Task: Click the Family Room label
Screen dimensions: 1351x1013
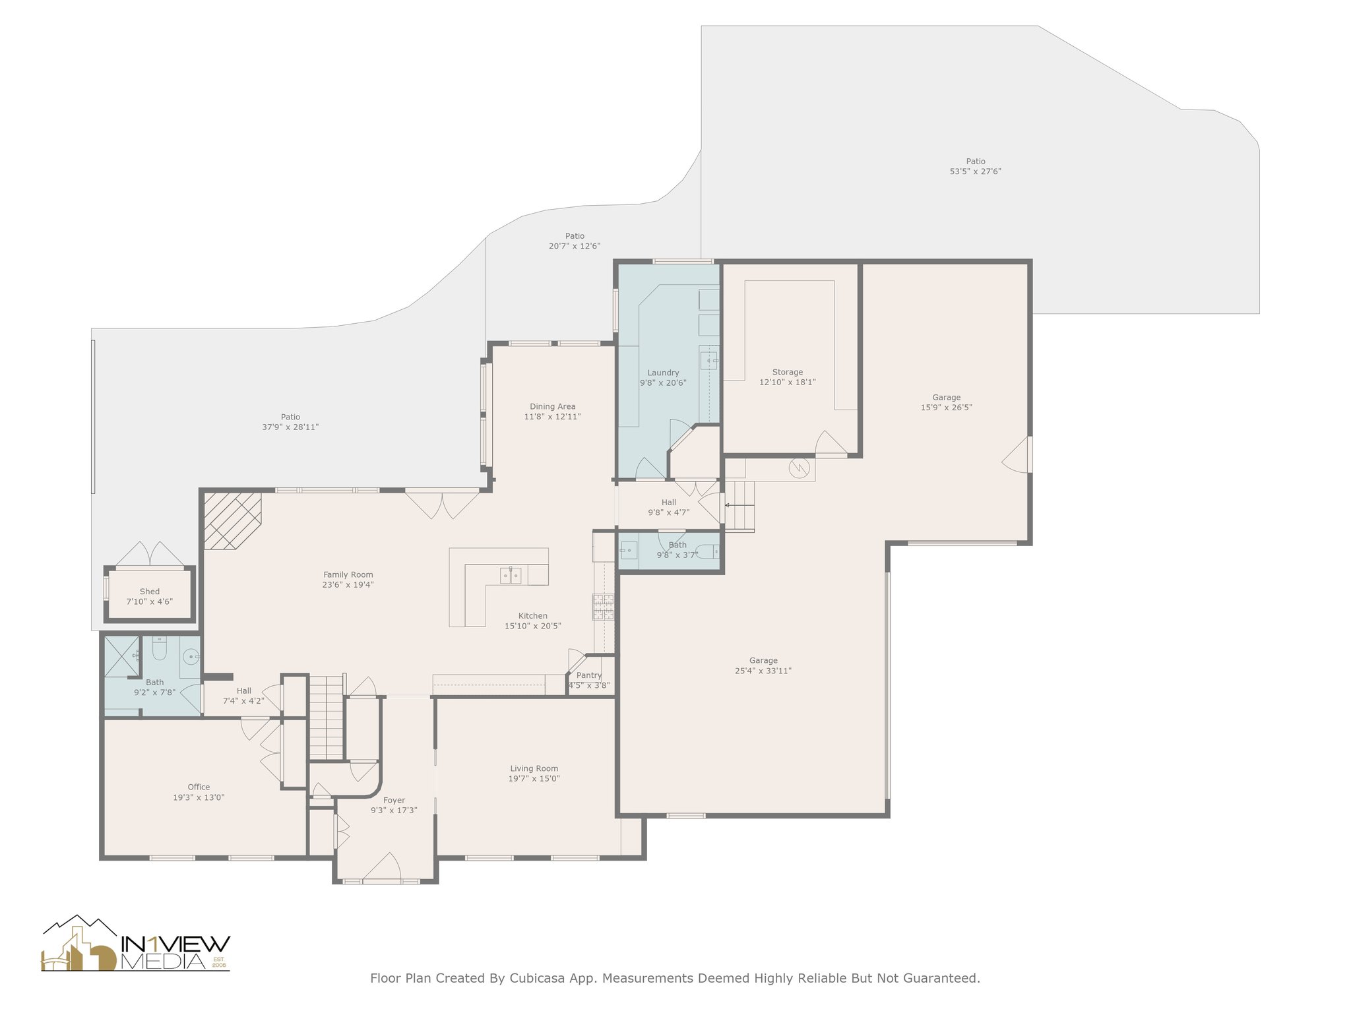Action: coord(348,574)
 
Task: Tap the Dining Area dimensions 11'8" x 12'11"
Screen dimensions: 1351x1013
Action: coord(553,417)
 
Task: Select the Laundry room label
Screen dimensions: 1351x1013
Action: coord(663,373)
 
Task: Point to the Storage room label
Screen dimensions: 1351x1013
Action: coord(788,372)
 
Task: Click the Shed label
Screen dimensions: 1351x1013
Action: coord(150,592)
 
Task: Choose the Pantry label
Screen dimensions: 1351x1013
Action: coord(589,675)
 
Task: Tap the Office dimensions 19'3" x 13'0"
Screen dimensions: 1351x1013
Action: coord(199,797)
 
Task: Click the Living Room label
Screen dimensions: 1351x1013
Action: coord(534,768)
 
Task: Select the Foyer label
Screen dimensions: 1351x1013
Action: coord(394,801)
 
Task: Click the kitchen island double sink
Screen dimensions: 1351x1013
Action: coord(511,576)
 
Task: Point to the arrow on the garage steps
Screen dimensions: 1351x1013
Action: coord(739,506)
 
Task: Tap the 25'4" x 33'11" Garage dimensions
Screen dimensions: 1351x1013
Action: coord(763,671)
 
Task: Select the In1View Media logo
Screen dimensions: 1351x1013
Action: coord(136,944)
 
